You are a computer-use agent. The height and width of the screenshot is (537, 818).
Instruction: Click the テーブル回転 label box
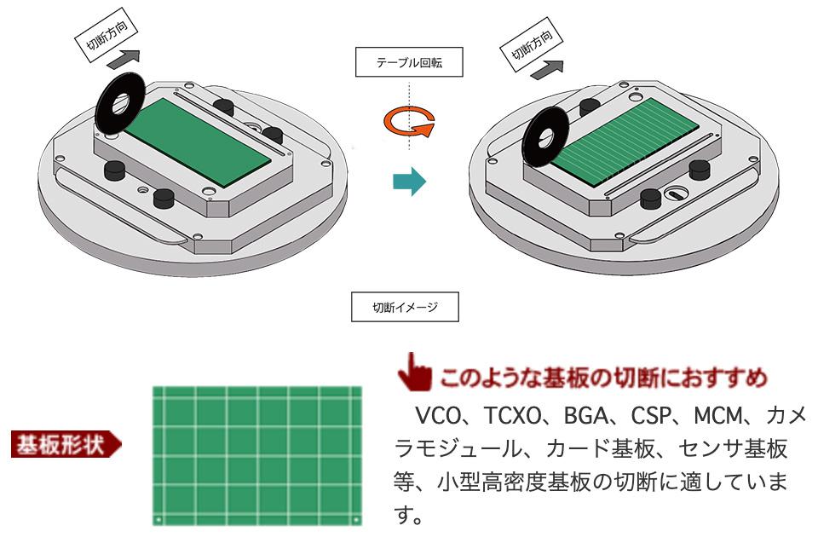point(409,62)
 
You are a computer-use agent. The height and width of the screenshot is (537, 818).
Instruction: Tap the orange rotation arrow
point(408,123)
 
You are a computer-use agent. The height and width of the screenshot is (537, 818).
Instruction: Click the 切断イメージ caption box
point(405,307)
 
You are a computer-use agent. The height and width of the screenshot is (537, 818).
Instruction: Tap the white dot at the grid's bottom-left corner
point(158,518)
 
